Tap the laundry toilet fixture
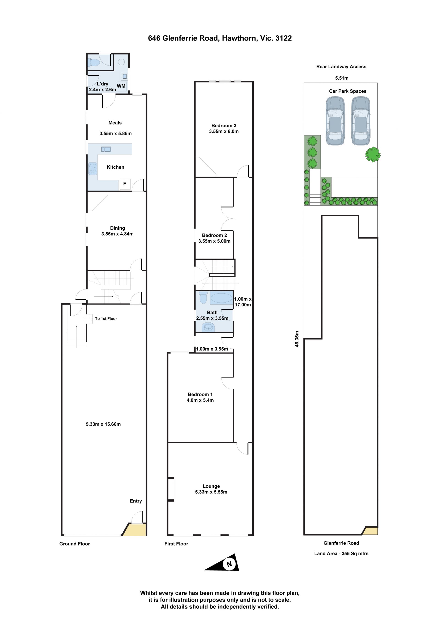94,63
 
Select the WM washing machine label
121,86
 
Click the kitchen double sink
106,149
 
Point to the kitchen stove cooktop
93,168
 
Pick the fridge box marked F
125,184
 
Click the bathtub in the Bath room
221,298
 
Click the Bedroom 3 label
224,125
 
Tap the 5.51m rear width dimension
342,78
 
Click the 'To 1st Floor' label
106,319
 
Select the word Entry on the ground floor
136,501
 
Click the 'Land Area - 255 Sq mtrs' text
341,553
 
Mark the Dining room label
117,228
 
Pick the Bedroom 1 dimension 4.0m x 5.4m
200,400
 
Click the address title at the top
220,38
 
